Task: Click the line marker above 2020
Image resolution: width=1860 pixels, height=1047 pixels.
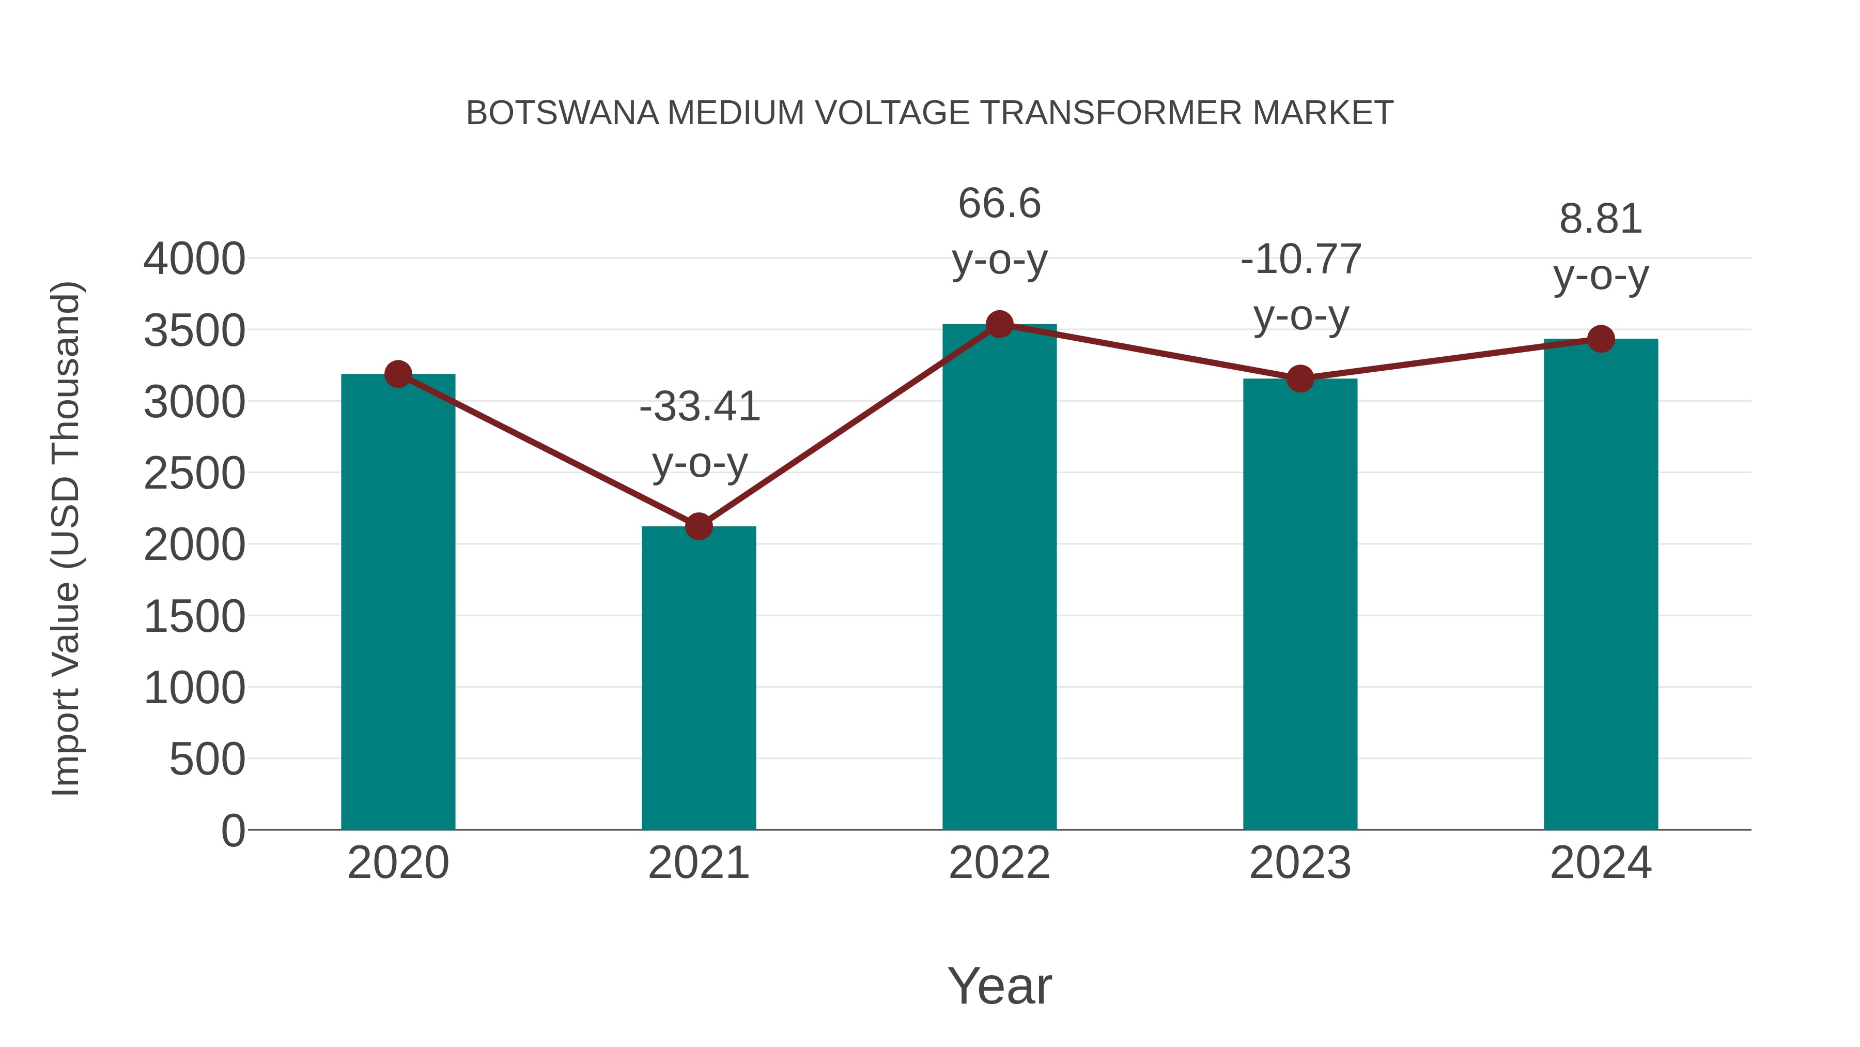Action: pyautogui.click(x=398, y=374)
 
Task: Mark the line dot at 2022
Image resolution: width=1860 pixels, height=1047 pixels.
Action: pyautogui.click(x=999, y=324)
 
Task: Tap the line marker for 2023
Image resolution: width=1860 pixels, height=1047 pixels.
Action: pyautogui.click(x=1300, y=378)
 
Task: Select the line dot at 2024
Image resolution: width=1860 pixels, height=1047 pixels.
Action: pyautogui.click(x=1601, y=339)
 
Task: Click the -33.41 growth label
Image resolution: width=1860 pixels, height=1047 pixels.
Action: pyautogui.click(x=700, y=407)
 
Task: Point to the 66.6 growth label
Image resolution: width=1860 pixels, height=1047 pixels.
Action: pyautogui.click(x=999, y=204)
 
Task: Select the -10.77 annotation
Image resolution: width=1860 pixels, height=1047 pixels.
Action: pyautogui.click(x=1300, y=260)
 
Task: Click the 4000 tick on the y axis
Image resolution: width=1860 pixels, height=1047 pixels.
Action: pyautogui.click(x=194, y=260)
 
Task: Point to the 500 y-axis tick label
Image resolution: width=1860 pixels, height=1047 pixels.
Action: pyautogui.click(x=207, y=760)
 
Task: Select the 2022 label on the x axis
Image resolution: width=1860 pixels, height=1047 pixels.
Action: pyautogui.click(x=999, y=863)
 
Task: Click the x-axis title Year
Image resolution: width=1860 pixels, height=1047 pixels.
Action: pyautogui.click(x=999, y=987)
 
